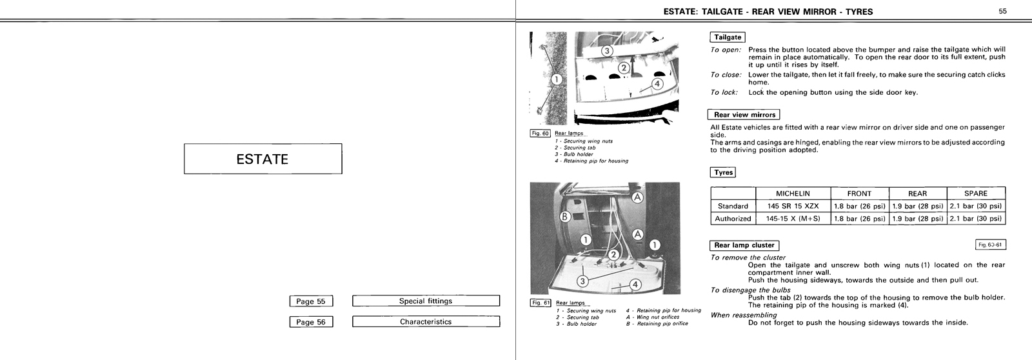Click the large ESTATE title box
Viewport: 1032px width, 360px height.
[x=263, y=159]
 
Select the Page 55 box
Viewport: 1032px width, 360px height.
[x=311, y=301]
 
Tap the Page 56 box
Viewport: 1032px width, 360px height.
[x=311, y=322]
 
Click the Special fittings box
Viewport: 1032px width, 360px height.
[x=426, y=301]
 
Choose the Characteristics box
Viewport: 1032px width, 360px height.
[x=426, y=322]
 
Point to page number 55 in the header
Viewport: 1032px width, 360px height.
[x=1003, y=11]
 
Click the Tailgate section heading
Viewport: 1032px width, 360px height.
[x=728, y=37]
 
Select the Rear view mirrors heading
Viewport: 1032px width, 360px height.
[x=744, y=115]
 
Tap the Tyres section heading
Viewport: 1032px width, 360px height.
[x=723, y=173]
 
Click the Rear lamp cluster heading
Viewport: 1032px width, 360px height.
[x=744, y=245]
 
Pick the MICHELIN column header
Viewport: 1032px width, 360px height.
[x=792, y=194]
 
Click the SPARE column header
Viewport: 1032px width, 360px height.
[x=975, y=194]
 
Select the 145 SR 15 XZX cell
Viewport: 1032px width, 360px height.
[x=792, y=206]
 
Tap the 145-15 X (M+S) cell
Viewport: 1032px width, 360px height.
[x=792, y=219]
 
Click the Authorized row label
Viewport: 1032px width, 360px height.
[x=733, y=219]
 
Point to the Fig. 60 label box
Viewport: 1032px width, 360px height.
[x=539, y=134]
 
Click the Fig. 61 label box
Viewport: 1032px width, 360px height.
[x=539, y=303]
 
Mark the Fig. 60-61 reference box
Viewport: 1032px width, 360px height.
[x=991, y=245]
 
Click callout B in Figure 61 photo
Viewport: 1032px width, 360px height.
[x=564, y=217]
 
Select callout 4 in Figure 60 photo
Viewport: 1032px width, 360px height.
[x=657, y=83]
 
